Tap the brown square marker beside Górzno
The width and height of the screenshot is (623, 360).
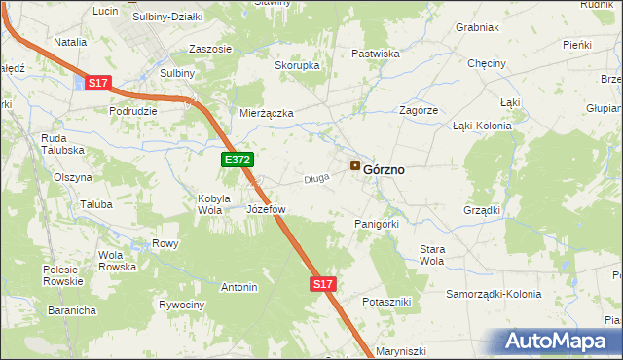[355, 166]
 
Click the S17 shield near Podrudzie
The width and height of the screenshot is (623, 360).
[97, 84]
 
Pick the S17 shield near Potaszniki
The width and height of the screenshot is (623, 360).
[324, 284]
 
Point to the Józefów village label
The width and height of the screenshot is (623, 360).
[266, 209]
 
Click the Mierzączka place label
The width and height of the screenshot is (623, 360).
[267, 113]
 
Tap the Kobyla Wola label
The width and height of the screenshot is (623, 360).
[213, 203]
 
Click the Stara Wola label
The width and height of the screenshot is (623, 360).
[431, 255]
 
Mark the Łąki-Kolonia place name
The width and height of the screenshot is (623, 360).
[484, 126]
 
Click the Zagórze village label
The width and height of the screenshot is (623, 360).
[418, 111]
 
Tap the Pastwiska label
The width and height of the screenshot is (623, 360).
[376, 54]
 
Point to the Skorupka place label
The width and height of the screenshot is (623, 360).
[297, 65]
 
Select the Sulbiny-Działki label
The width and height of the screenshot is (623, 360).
[166, 17]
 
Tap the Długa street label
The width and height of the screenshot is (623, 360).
[316, 178]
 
